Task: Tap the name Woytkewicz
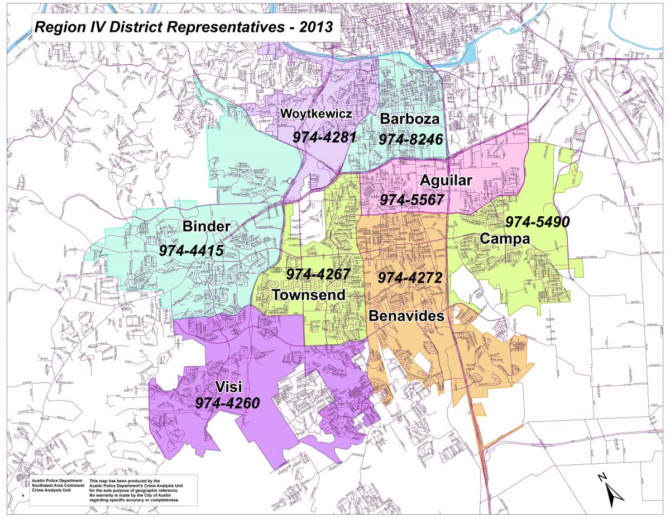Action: [316, 114]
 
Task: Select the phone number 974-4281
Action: [324, 136]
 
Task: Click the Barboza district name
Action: [410, 119]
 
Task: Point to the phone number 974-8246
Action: [410, 139]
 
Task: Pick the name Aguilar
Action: [446, 180]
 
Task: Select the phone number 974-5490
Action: [537, 222]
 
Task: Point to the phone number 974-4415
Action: [191, 251]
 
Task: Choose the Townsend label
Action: [308, 294]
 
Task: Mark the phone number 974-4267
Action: [318, 274]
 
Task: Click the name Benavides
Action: [406, 316]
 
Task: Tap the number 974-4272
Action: [410, 278]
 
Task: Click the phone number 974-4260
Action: [227, 403]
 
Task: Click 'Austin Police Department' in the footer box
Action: [57, 481]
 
